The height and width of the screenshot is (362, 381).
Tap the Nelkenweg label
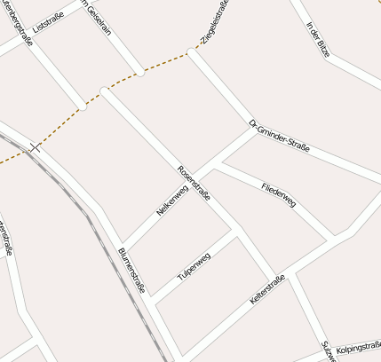pos(171,201)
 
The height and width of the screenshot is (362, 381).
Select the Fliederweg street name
pos(279,194)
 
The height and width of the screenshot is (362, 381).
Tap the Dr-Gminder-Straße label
pos(279,137)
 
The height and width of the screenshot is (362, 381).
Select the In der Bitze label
pos(317,39)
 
